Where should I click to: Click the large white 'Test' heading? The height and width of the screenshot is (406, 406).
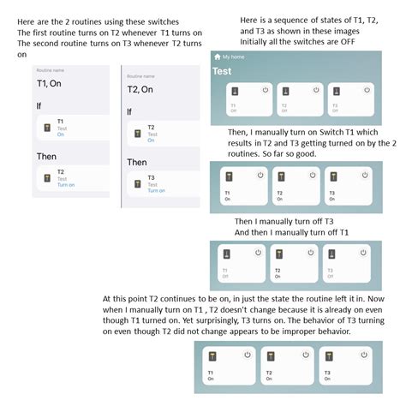coord(223,71)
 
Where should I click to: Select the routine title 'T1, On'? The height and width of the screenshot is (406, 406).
coord(51,84)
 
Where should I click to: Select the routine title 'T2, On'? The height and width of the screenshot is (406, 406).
coord(140,89)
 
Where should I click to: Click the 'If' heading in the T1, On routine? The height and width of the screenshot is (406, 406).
coord(40,105)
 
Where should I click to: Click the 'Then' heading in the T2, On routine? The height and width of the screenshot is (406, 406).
coord(137,162)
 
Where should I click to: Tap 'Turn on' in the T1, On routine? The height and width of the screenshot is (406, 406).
coord(66,184)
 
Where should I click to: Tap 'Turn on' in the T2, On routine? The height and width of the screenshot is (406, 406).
coord(157,190)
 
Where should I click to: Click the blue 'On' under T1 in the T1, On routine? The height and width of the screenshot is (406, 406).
coord(61,134)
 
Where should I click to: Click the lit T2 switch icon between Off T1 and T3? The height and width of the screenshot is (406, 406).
coord(277,253)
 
